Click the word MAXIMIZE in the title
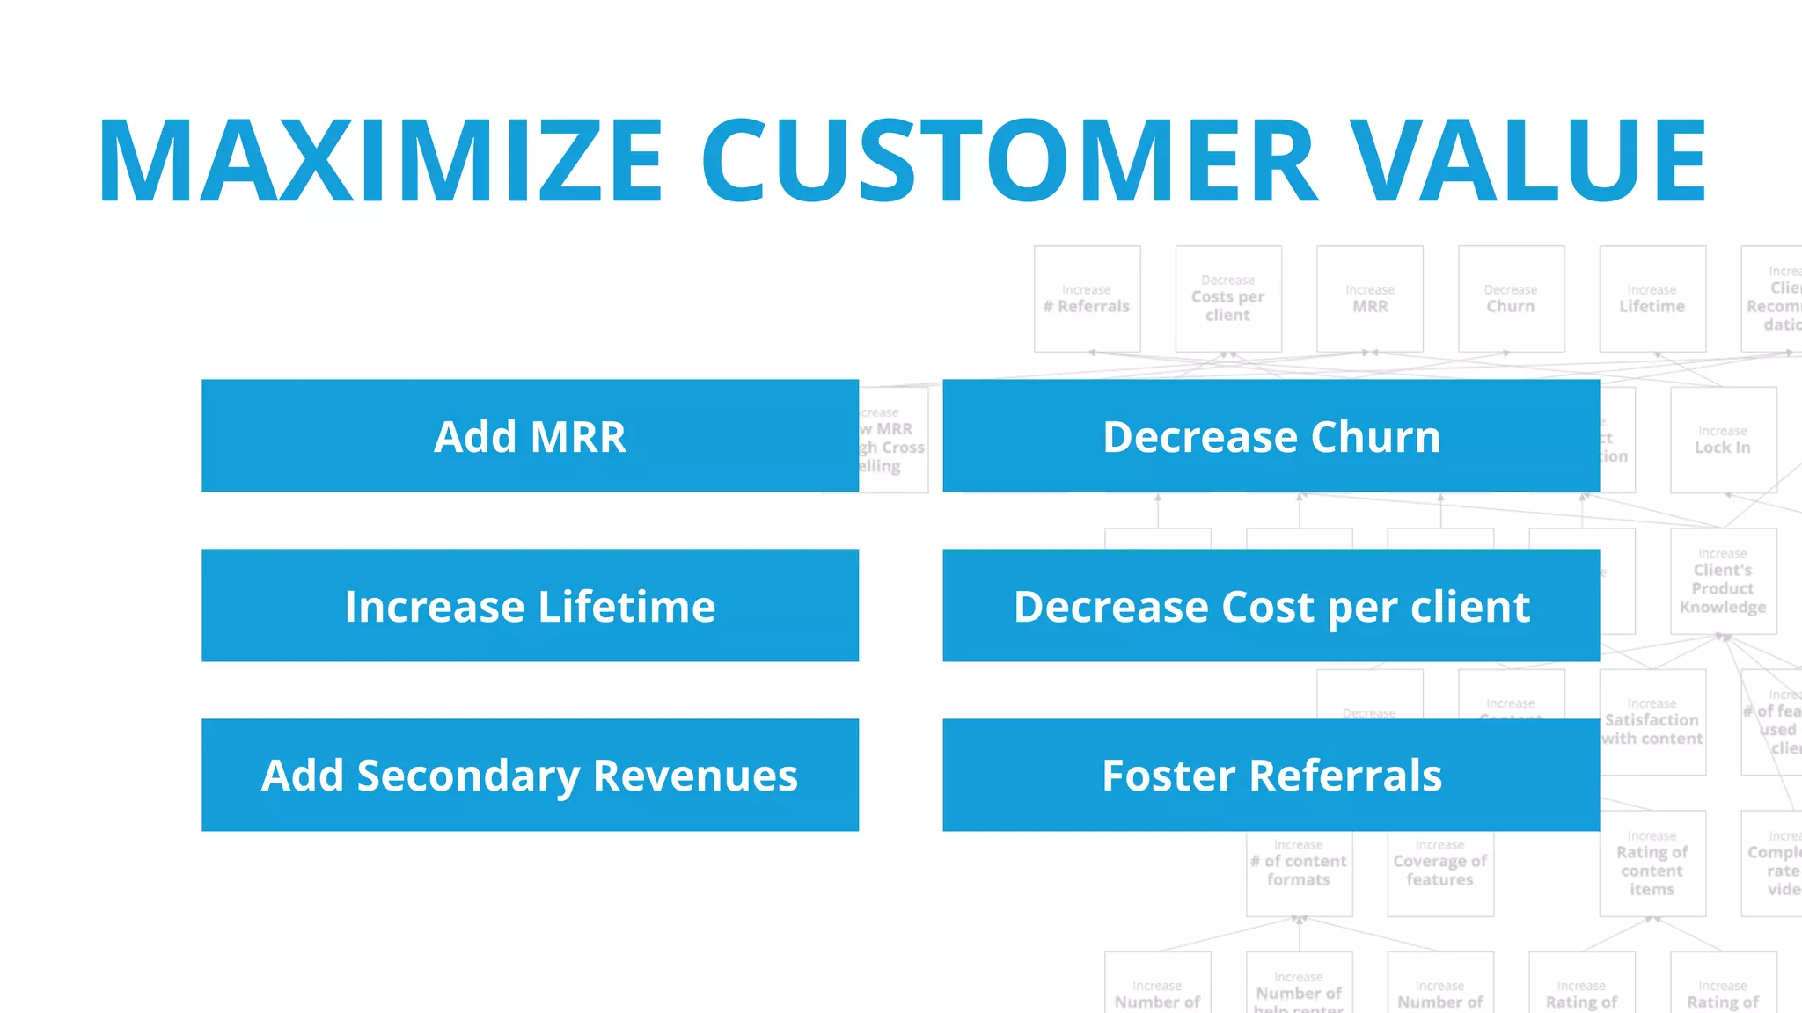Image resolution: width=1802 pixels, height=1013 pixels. click(380, 161)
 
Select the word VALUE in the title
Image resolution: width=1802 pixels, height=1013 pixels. click(1528, 161)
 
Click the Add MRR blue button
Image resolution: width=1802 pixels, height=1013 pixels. click(530, 436)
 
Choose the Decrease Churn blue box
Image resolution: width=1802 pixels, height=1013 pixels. click(1271, 436)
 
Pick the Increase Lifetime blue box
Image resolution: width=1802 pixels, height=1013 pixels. click(530, 606)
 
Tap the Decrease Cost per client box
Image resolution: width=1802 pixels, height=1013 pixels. click(1271, 606)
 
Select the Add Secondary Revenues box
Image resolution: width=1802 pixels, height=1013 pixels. click(530, 775)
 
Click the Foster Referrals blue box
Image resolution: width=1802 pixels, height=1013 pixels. click(1271, 775)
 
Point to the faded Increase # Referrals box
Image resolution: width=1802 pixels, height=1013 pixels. click(1087, 299)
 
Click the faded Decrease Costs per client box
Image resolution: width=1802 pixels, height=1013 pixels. click(1228, 299)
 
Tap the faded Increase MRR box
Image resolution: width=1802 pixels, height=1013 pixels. click(1370, 299)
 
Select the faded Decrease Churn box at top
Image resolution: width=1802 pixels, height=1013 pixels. click(1511, 299)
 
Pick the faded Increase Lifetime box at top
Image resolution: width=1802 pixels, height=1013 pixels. click(1652, 299)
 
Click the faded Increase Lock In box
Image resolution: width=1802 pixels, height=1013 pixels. click(1723, 440)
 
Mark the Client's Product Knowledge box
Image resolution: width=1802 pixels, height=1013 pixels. click(1723, 581)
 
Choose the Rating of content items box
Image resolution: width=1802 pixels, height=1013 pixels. click(1652, 864)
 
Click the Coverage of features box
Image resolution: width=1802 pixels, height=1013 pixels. click(1440, 871)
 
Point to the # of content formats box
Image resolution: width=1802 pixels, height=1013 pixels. click(1299, 871)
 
